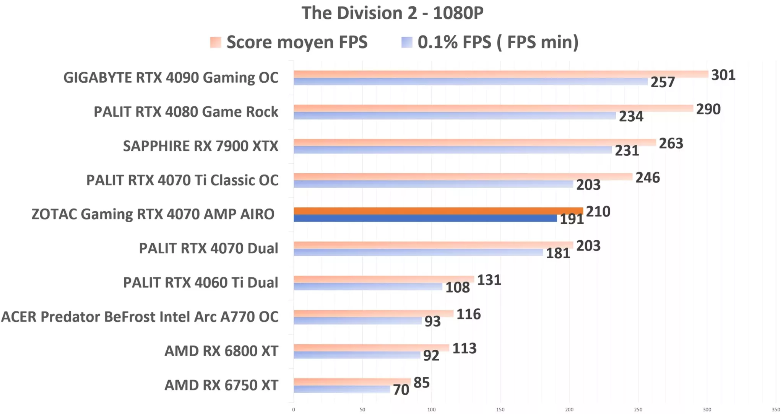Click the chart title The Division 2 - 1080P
tap(392, 13)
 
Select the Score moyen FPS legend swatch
tap(216, 42)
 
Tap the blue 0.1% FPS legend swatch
tap(407, 42)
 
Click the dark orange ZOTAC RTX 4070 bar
tap(438, 211)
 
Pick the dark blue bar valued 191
tap(425, 218)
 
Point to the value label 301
tap(723, 75)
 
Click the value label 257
tap(663, 82)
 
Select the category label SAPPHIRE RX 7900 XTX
tap(200, 146)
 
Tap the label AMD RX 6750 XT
tap(221, 385)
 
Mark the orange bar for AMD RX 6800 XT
tap(371, 347)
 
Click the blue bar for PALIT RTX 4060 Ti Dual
tap(368, 287)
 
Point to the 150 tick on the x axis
tap(500, 410)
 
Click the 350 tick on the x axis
tap(776, 410)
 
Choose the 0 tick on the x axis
tap(294, 410)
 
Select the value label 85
tap(421, 383)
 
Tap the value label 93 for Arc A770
tap(432, 321)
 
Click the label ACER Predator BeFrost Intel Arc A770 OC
tap(140, 317)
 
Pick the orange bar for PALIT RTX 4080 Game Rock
tap(493, 108)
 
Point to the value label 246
tap(647, 178)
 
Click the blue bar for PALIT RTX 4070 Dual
tap(418, 253)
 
